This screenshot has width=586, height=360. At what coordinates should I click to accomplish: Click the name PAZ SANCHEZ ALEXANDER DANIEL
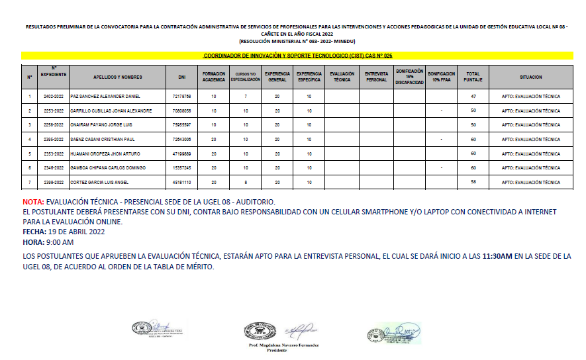pos(106,96)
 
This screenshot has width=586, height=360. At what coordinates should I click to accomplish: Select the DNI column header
pos(181,77)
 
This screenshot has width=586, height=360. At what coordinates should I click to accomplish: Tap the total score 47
pos(473,96)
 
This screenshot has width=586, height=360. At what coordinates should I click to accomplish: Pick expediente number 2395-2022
pos(54,139)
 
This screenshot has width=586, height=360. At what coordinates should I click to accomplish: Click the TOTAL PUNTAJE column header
pos(473,77)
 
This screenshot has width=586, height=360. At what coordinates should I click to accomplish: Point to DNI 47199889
pos(181,154)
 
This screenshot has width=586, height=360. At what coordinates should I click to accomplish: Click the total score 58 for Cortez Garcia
pos(473,182)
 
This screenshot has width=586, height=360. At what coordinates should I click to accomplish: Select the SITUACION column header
pos(530,77)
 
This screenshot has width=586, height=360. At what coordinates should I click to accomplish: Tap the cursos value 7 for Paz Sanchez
pos(245,96)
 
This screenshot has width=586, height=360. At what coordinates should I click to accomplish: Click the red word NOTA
pos(32,202)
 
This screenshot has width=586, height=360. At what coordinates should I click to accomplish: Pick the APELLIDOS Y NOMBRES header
pos(119,77)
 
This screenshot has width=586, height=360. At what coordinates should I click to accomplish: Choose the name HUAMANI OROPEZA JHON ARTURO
pos(106,154)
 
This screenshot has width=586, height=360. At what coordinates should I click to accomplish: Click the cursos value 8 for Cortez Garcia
pos(245,182)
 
